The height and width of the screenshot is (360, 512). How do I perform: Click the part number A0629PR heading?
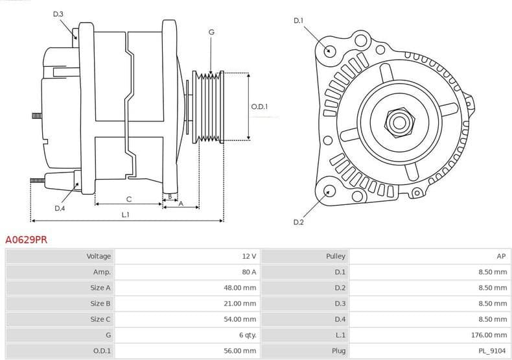26,239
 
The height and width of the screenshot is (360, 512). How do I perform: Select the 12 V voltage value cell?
249,256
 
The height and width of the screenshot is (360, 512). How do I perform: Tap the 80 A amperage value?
249,272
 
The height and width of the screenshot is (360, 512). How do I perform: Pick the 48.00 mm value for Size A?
240,287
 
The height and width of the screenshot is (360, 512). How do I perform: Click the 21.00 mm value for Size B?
240,303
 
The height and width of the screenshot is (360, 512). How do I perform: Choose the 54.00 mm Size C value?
240,319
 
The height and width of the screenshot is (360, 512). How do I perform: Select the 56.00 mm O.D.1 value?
240,351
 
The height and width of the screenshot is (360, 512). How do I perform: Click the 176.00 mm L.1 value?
489,335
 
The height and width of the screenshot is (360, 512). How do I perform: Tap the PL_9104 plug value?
493,351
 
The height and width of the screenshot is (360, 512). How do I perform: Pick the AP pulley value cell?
502,256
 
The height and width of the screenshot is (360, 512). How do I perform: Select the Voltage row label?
99,256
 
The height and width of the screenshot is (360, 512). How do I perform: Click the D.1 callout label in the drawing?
298,21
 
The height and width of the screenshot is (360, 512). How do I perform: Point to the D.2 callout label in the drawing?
298,222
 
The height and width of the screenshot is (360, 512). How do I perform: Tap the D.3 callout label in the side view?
58,14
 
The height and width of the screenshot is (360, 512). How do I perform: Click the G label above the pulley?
211,32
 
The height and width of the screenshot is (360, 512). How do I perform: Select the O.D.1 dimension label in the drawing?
259,106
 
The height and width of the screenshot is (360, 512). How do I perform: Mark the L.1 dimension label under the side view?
126,214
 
